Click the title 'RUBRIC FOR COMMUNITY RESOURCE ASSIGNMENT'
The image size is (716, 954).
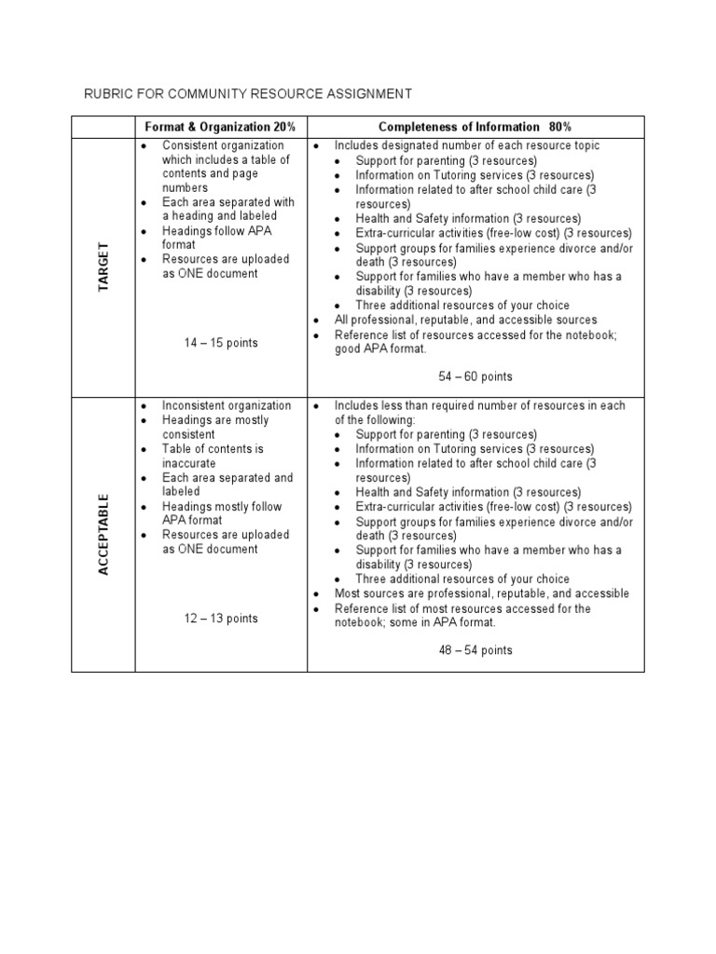coord(248,93)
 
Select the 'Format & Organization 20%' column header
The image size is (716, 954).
coord(220,127)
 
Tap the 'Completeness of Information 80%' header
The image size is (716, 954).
coord(475,127)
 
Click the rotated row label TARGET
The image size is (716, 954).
coord(104,266)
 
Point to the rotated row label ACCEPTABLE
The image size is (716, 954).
coord(104,534)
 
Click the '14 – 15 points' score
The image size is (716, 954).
coord(221,343)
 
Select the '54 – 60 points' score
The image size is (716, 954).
coord(475,376)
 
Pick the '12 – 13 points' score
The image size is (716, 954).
coord(221,618)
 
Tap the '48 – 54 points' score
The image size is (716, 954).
coord(475,650)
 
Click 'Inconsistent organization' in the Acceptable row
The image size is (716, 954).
coord(227,405)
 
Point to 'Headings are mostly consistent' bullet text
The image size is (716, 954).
coord(214,427)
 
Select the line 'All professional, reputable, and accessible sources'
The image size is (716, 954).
coord(466,320)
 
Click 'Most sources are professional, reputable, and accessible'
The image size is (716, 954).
coord(482,593)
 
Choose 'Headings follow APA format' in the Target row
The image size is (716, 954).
coord(216,238)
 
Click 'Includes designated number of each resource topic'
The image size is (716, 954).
coord(467,145)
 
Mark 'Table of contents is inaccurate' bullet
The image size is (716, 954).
coord(213,456)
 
